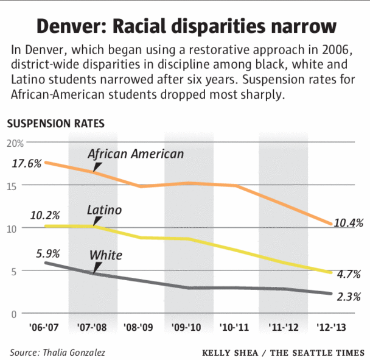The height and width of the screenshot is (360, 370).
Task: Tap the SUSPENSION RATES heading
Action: coord(55,123)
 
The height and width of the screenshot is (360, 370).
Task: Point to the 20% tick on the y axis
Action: coord(15,143)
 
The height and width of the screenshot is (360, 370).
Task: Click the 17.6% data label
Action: coord(26,163)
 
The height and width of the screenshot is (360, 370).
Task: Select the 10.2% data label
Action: coord(45,215)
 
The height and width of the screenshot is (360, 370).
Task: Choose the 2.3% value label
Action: coord(349,297)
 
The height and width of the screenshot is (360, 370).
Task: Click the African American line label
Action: coord(136,154)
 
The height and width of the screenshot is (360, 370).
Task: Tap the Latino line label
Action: coord(104,210)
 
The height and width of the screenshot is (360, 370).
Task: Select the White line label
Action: coord(106,255)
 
